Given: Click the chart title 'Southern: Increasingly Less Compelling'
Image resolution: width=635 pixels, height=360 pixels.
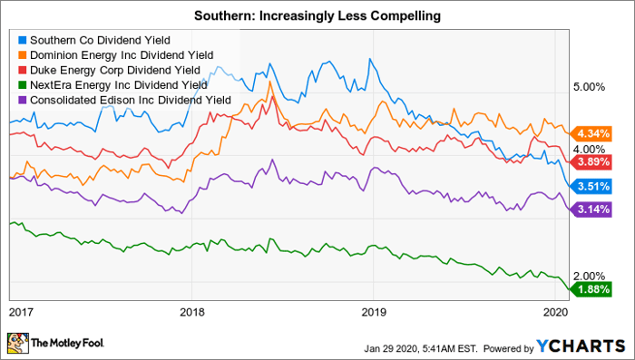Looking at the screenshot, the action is click(x=317, y=15).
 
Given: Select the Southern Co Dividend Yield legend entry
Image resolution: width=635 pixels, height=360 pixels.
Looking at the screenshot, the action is click(x=94, y=40).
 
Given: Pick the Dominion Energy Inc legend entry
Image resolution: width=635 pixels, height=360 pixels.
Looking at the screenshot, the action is click(x=116, y=55).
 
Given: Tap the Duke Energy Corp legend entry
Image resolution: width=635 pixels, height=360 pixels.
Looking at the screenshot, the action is click(x=110, y=70).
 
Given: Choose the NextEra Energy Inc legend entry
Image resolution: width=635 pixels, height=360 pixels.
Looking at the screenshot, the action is click(x=112, y=85).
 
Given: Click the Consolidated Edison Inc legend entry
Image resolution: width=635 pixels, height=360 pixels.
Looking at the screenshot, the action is click(x=125, y=100).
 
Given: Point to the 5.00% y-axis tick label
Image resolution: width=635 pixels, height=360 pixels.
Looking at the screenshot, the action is click(x=589, y=87).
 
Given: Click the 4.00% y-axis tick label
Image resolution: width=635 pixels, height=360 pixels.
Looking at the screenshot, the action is click(x=589, y=150).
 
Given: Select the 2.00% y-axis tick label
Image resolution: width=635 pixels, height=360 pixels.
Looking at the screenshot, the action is click(x=589, y=277).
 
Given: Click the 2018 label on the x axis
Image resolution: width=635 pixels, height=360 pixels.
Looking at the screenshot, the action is click(x=192, y=312).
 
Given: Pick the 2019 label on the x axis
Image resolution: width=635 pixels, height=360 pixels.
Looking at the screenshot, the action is click(x=374, y=312).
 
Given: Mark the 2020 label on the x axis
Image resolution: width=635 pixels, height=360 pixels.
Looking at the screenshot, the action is click(x=555, y=312).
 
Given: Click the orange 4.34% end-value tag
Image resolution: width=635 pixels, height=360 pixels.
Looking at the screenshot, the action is click(x=591, y=133).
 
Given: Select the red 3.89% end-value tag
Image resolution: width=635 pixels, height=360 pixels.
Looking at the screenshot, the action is click(x=591, y=162).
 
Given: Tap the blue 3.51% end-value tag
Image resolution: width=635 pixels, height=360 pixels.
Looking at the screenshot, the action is click(x=591, y=186).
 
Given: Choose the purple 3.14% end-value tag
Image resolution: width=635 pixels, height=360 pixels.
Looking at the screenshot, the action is click(x=591, y=209).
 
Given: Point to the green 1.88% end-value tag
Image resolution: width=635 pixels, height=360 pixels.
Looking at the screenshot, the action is click(x=591, y=289).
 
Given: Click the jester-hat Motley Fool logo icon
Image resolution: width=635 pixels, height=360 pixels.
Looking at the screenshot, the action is click(x=18, y=344).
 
